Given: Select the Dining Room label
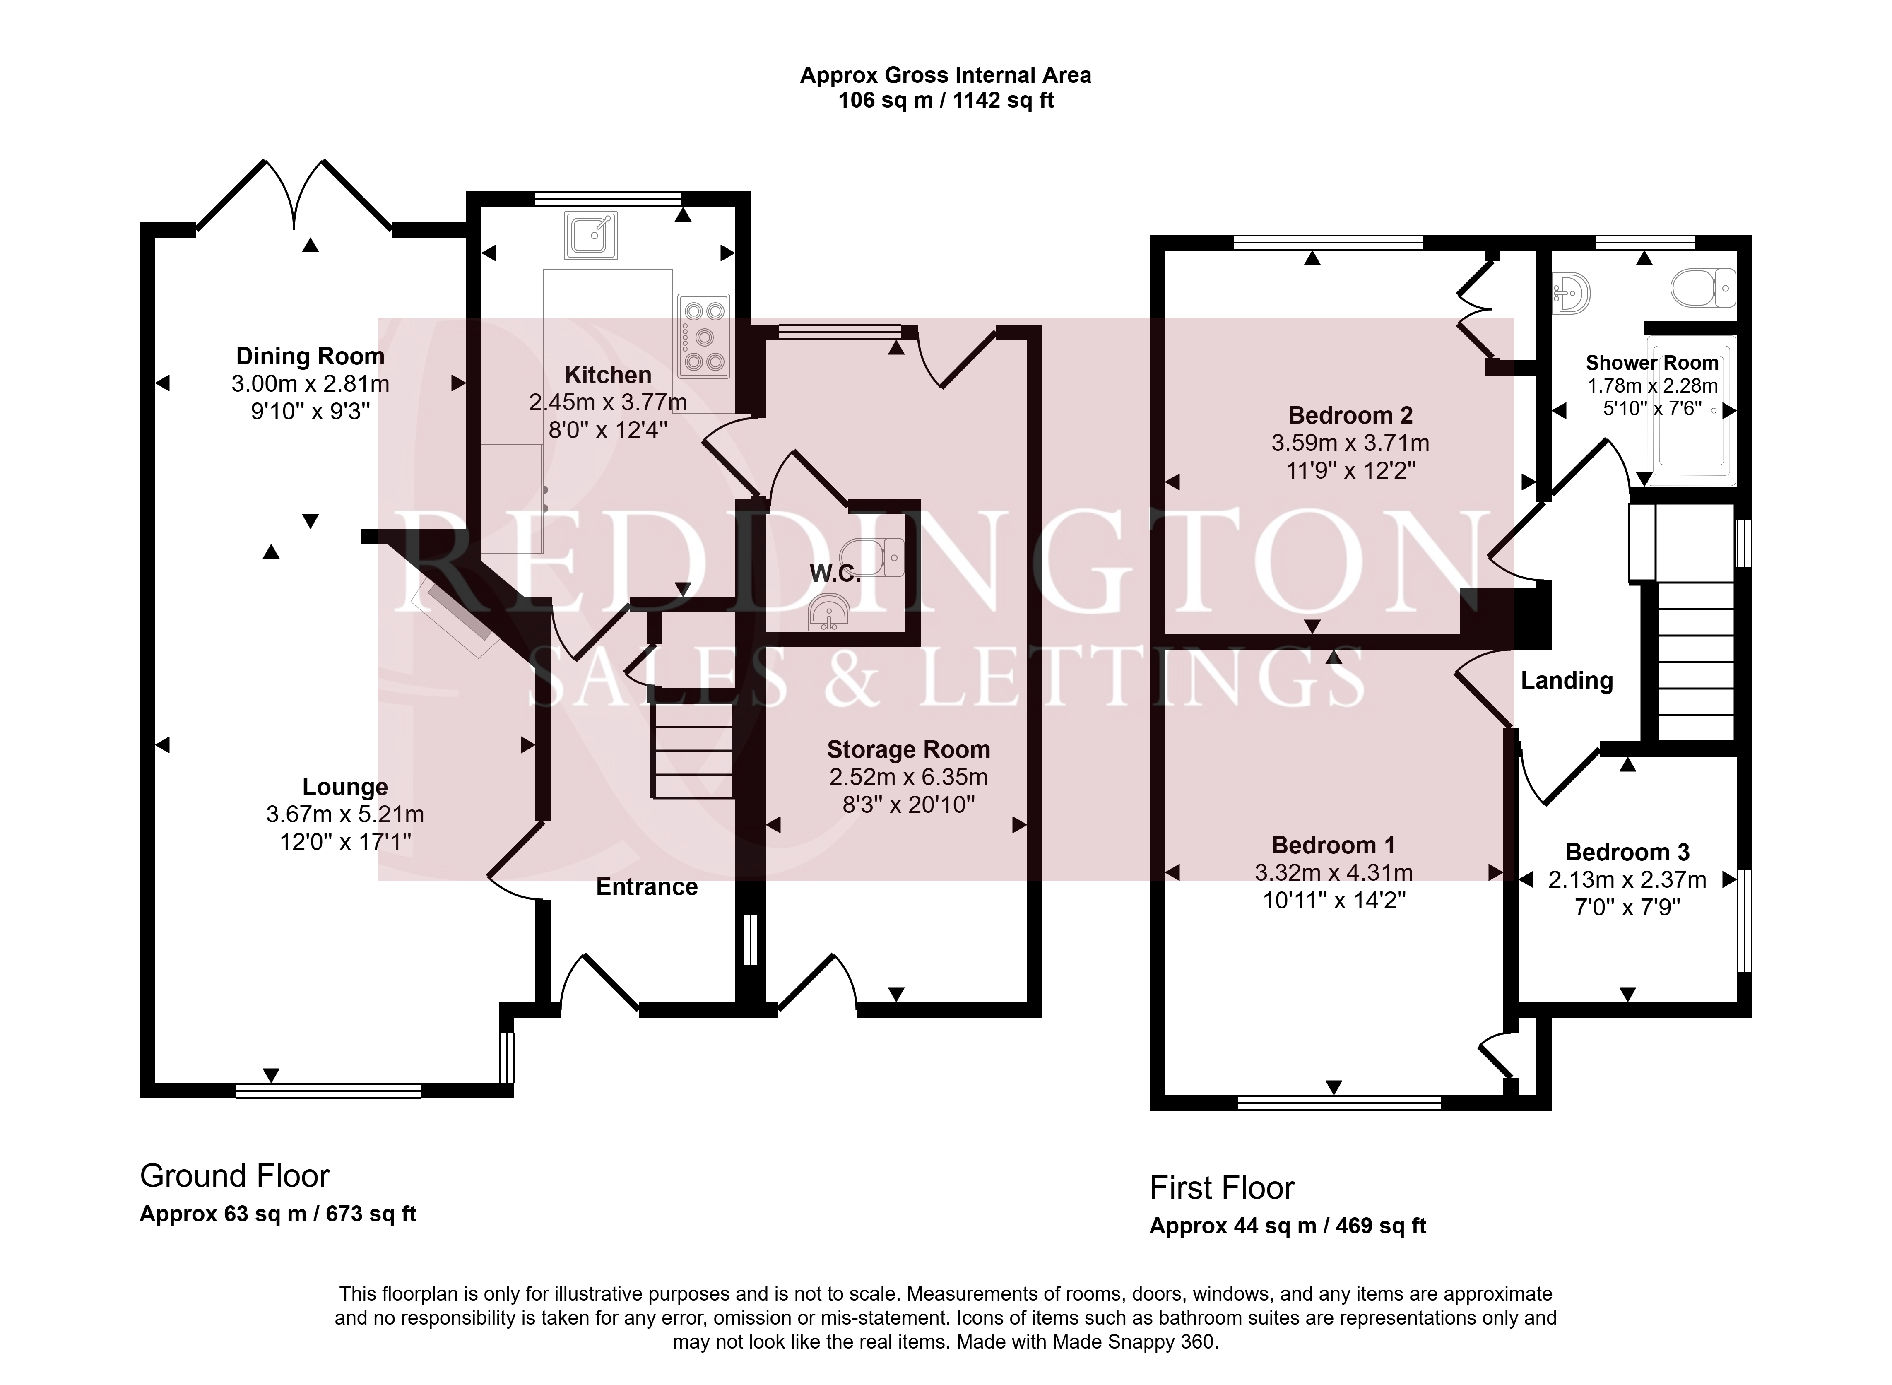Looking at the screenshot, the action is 310,356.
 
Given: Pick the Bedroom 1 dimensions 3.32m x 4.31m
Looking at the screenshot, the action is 1334,873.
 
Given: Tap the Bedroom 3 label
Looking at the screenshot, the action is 1627,853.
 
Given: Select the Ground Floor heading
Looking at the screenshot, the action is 235,1176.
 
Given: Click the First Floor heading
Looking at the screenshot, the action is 1221,1188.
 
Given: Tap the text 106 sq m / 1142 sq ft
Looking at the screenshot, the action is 946,101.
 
